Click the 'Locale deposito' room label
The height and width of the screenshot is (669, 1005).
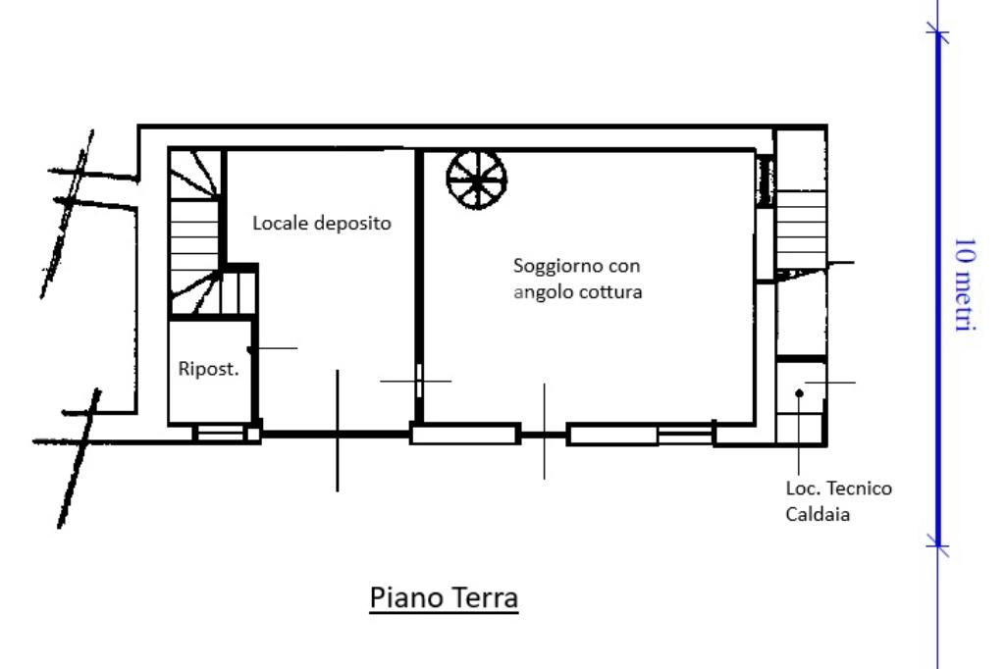click(x=322, y=223)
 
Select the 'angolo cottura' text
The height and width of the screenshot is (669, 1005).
click(x=577, y=292)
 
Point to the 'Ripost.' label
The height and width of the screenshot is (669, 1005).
click(x=208, y=369)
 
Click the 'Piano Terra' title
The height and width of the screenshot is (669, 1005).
click(x=444, y=597)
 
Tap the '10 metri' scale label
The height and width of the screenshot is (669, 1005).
click(x=965, y=283)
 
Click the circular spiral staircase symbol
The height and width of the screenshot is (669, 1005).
click(x=477, y=179)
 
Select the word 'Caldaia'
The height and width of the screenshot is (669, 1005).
click(x=818, y=515)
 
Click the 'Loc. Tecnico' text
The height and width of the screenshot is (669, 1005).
click(x=839, y=489)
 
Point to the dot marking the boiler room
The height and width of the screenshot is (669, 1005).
click(x=799, y=393)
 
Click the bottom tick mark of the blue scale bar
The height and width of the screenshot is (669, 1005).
click(x=937, y=545)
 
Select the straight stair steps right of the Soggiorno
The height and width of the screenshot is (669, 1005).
click(x=801, y=230)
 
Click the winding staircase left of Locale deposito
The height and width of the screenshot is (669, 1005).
click(x=195, y=232)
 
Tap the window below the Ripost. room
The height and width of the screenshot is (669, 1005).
click(x=220, y=434)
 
